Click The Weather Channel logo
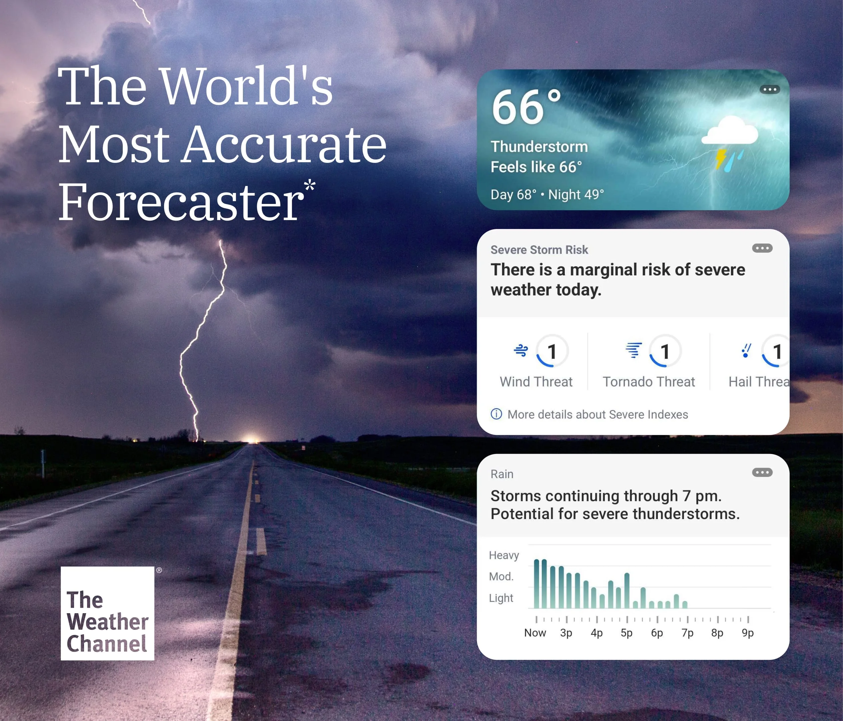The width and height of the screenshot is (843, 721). coord(107,613)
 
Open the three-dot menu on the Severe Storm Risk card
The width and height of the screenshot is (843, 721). coord(762,248)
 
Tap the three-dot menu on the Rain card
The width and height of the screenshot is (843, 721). coord(762,473)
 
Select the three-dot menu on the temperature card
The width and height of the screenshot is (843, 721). coord(770,89)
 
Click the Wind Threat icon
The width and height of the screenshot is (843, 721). coord(521,350)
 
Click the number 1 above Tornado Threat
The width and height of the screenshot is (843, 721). coord(665,352)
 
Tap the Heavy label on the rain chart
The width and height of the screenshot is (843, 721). coord(504,555)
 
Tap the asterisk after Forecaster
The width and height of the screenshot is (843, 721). coord(310,185)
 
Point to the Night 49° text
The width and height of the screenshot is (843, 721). coord(576,195)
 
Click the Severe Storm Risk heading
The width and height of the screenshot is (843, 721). coord(539,250)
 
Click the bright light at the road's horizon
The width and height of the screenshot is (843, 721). coord(252,439)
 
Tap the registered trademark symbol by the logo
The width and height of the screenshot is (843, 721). coord(159,570)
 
